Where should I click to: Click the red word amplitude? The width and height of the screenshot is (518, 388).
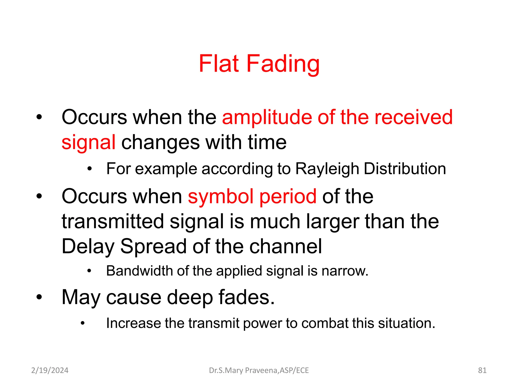267,117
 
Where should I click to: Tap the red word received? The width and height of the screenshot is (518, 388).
413,117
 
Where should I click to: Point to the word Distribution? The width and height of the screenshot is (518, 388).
405,169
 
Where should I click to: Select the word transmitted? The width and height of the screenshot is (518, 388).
113,221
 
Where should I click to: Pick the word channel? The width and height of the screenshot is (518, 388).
286,246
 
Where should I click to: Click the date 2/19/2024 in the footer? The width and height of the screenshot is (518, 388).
50,370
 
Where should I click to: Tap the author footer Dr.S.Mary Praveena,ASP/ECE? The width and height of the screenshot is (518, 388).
259,370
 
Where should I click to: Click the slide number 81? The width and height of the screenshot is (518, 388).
482,370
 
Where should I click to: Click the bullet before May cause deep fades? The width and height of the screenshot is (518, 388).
39,297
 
